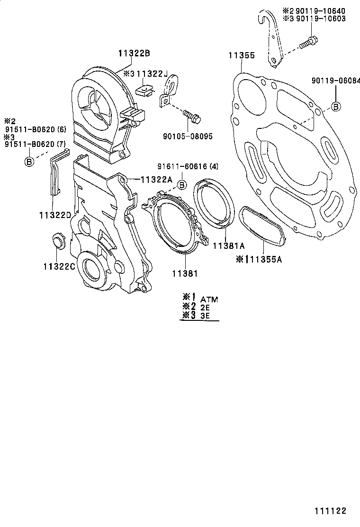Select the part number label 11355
[x=242, y=55]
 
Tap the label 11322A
[x=156, y=179]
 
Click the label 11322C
[x=59, y=266]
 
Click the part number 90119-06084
[x=335, y=81]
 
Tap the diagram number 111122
[x=329, y=511]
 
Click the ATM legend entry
[x=209, y=299]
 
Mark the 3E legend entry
[x=205, y=315]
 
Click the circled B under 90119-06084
[x=335, y=106]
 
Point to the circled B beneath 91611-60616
[x=181, y=184]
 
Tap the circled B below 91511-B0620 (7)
[x=28, y=161]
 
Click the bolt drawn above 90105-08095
[x=191, y=115]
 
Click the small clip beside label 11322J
[x=144, y=88]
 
